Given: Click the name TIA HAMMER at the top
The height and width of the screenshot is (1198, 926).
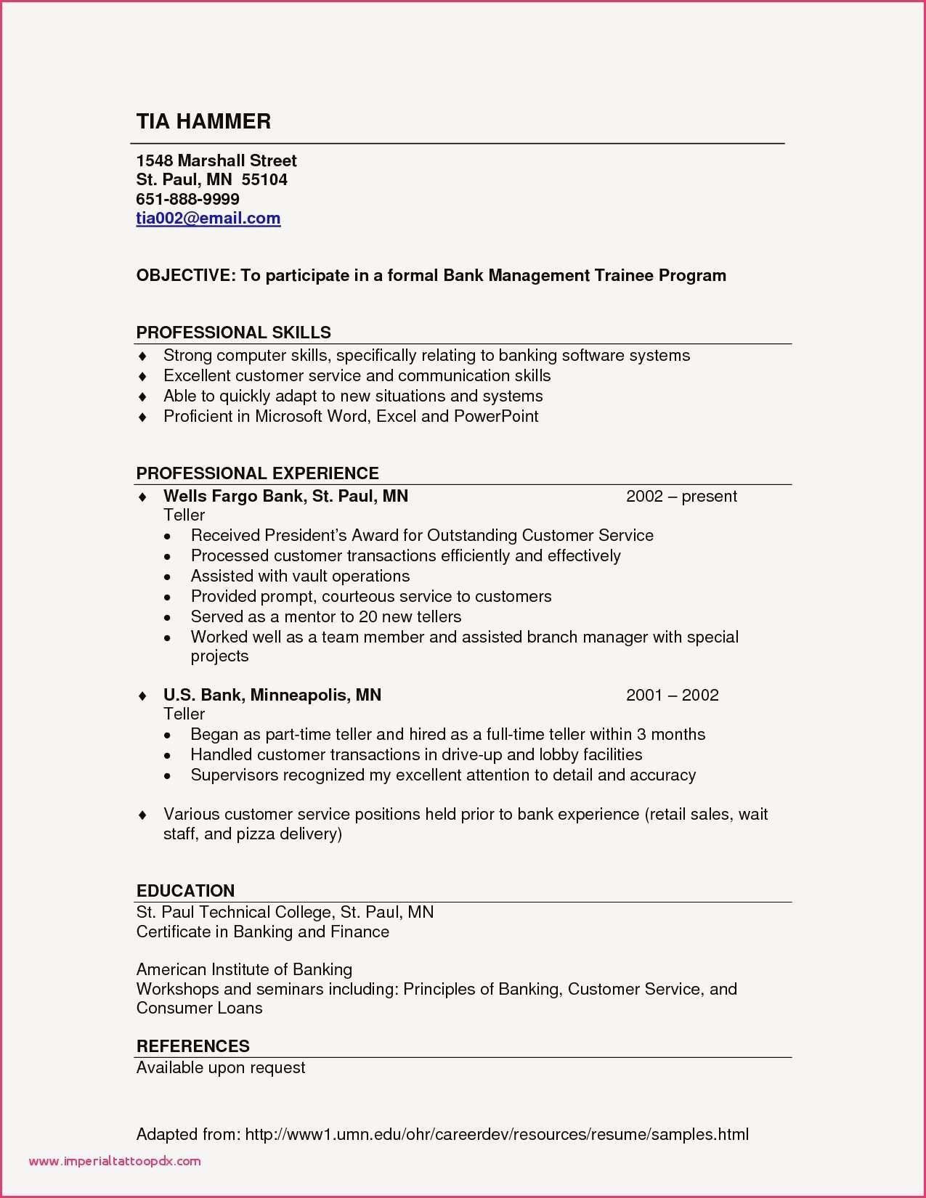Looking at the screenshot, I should (x=203, y=121).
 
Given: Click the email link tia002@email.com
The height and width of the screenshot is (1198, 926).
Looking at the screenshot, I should (x=208, y=219).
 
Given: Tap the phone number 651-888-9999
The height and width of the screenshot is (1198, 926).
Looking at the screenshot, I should (x=187, y=199).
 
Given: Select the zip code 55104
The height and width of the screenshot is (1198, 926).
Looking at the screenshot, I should (x=264, y=179).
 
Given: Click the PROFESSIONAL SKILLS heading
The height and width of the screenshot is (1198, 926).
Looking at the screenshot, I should (x=233, y=333).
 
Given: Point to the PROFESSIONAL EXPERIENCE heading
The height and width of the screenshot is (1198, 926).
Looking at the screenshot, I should (x=257, y=473).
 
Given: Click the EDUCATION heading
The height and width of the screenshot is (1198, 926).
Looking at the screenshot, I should (x=185, y=891).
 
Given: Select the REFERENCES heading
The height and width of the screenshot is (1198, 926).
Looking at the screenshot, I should (x=192, y=1046).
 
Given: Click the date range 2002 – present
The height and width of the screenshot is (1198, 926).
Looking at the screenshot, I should (x=681, y=496).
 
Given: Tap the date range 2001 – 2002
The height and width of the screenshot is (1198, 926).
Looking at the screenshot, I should (x=672, y=695).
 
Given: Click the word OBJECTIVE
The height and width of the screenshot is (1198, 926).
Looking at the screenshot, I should (x=183, y=276).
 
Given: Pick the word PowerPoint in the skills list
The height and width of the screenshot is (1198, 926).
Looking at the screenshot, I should (x=496, y=416).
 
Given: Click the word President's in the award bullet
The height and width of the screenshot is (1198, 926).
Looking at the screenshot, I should (x=306, y=535).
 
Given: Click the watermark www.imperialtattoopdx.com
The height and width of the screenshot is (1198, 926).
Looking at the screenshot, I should (x=115, y=1161).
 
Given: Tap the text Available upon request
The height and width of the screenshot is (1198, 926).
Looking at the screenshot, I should (x=221, y=1067).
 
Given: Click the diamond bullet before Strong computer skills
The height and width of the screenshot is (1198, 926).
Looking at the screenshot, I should (x=143, y=356).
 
